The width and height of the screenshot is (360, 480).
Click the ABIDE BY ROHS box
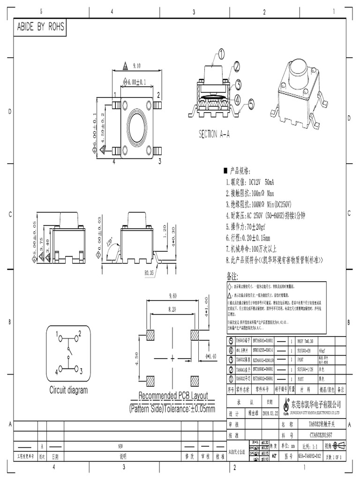click(41, 28)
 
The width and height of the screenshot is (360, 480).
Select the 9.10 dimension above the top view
click(137, 66)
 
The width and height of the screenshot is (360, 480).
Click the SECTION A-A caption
click(214, 135)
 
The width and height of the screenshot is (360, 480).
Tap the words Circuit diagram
click(68, 390)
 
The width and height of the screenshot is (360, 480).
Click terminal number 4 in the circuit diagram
click(56, 372)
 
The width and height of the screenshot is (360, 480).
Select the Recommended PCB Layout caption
click(173, 396)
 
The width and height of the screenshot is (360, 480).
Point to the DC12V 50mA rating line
click(251, 181)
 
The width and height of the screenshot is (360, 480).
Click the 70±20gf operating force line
click(251, 226)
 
